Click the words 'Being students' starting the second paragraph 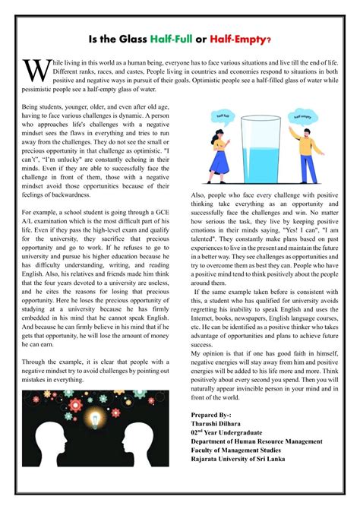pos(42,108)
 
